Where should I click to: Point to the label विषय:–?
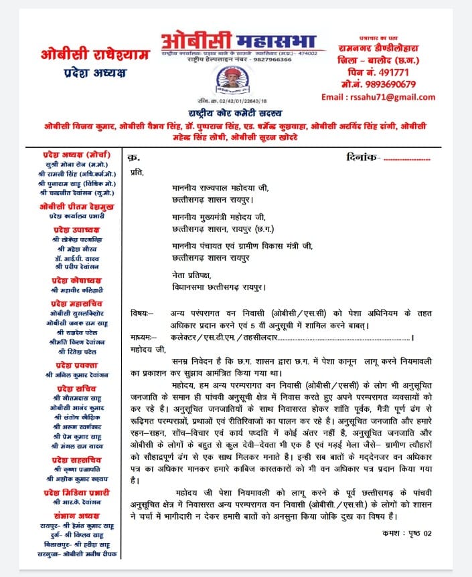coord(142,314)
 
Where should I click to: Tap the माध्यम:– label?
coord(145,338)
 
